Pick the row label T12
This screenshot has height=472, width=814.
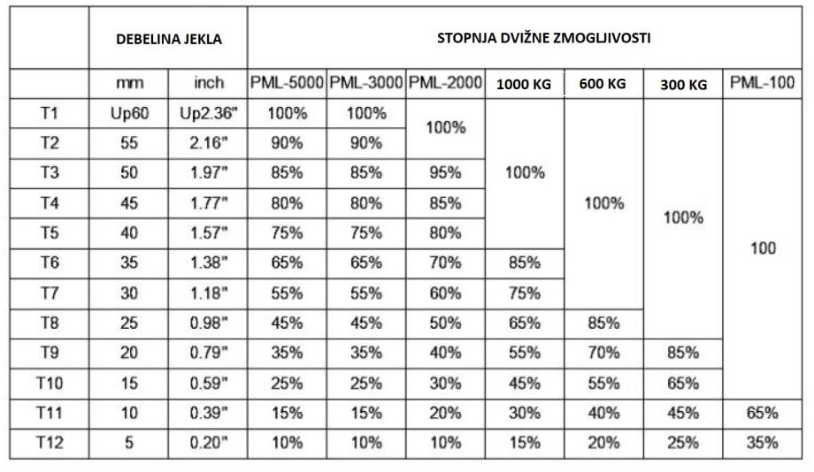point(50,443)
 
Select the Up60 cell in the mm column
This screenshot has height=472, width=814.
point(129,113)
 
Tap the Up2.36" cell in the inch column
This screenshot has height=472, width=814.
point(208,113)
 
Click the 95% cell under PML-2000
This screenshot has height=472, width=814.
point(446,173)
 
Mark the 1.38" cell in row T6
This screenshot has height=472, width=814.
point(208,263)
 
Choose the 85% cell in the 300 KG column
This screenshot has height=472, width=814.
point(683,353)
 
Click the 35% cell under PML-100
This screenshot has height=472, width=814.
point(762,443)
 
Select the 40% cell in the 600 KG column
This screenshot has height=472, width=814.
point(603,413)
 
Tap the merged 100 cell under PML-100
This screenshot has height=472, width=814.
point(762,248)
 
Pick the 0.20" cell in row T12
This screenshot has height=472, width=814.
point(208,443)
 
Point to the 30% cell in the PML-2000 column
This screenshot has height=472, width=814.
point(446,383)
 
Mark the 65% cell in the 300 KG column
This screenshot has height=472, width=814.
point(683,383)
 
